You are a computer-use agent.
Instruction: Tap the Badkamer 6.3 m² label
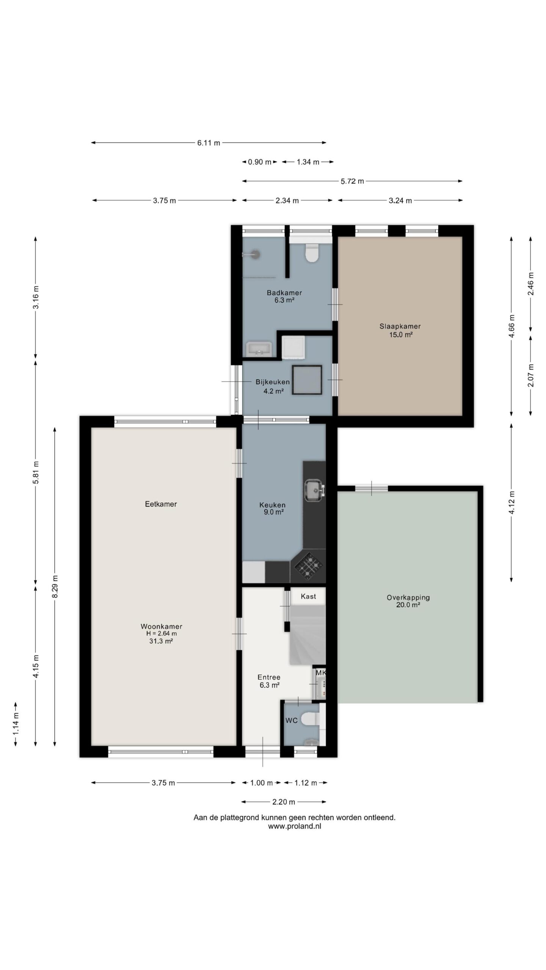284,296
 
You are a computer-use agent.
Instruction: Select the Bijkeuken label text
273,382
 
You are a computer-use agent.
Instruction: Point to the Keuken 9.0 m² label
273,508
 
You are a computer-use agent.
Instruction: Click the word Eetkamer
161,504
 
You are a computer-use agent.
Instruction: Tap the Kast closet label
308,596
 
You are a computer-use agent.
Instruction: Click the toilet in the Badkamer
312,253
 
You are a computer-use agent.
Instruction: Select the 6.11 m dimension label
209,143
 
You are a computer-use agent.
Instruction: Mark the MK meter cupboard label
321,673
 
